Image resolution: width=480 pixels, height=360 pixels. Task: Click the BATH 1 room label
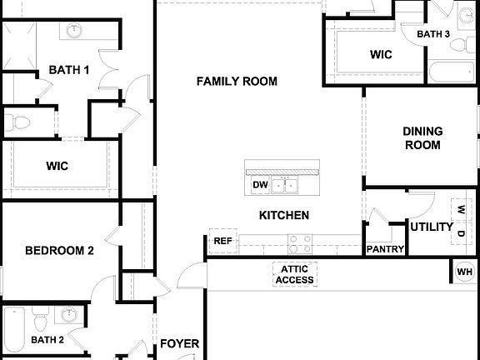[68, 70]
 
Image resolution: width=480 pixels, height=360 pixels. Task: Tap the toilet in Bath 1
[20, 124]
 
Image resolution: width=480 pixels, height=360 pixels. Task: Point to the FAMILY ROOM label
[237, 81]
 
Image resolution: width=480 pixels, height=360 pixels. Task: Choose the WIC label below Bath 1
[57, 166]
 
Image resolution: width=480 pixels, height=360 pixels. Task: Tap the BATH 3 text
[433, 34]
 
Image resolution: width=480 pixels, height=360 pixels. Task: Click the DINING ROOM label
[422, 137]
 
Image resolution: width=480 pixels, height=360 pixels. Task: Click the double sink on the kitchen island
[289, 184]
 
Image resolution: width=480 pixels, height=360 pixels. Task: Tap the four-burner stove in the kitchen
[299, 243]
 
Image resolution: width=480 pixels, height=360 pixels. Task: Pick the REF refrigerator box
[222, 241]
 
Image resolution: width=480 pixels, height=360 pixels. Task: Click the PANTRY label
[385, 249]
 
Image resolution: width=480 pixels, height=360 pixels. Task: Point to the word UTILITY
[431, 227]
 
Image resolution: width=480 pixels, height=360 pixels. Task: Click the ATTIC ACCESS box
[293, 274]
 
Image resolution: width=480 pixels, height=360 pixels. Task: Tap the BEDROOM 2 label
[58, 250]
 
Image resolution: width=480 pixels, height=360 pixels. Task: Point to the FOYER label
[179, 343]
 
